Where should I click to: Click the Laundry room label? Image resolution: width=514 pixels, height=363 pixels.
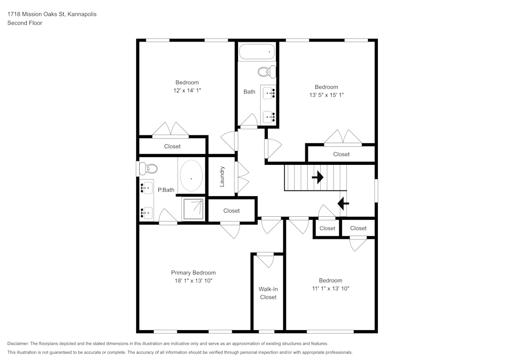click(222, 176)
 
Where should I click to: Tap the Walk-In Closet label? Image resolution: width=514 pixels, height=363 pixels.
click(268, 293)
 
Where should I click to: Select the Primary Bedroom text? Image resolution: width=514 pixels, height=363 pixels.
click(193, 273)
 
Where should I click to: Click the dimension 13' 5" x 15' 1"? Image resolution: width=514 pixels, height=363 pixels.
click(326, 95)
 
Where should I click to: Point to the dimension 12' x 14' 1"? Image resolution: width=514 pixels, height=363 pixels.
click(187, 90)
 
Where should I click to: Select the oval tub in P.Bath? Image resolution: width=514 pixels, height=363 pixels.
click(192, 177)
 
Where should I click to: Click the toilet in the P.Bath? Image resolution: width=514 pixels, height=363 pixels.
click(149, 168)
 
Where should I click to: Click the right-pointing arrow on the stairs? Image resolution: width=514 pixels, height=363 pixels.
click(318, 178)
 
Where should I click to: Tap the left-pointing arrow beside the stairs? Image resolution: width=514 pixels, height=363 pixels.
click(343, 204)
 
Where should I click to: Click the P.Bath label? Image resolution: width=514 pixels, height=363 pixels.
click(166, 190)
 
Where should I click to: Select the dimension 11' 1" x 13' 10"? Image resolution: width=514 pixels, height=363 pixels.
click(330, 289)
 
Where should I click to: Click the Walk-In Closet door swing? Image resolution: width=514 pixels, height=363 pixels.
click(266, 260)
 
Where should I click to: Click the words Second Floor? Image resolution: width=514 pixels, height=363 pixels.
click(25, 23)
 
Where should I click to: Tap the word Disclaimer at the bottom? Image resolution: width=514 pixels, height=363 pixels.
click(18, 343)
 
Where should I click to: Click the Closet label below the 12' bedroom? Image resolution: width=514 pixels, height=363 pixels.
click(172, 146)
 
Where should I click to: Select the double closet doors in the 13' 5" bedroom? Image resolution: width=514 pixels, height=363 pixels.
click(343, 138)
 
